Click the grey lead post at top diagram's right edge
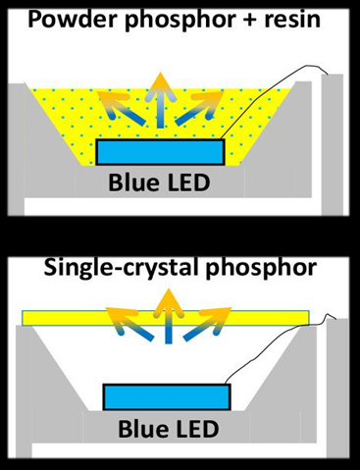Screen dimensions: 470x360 pos(334,147)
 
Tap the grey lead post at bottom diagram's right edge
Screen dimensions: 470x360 pos(337,392)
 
